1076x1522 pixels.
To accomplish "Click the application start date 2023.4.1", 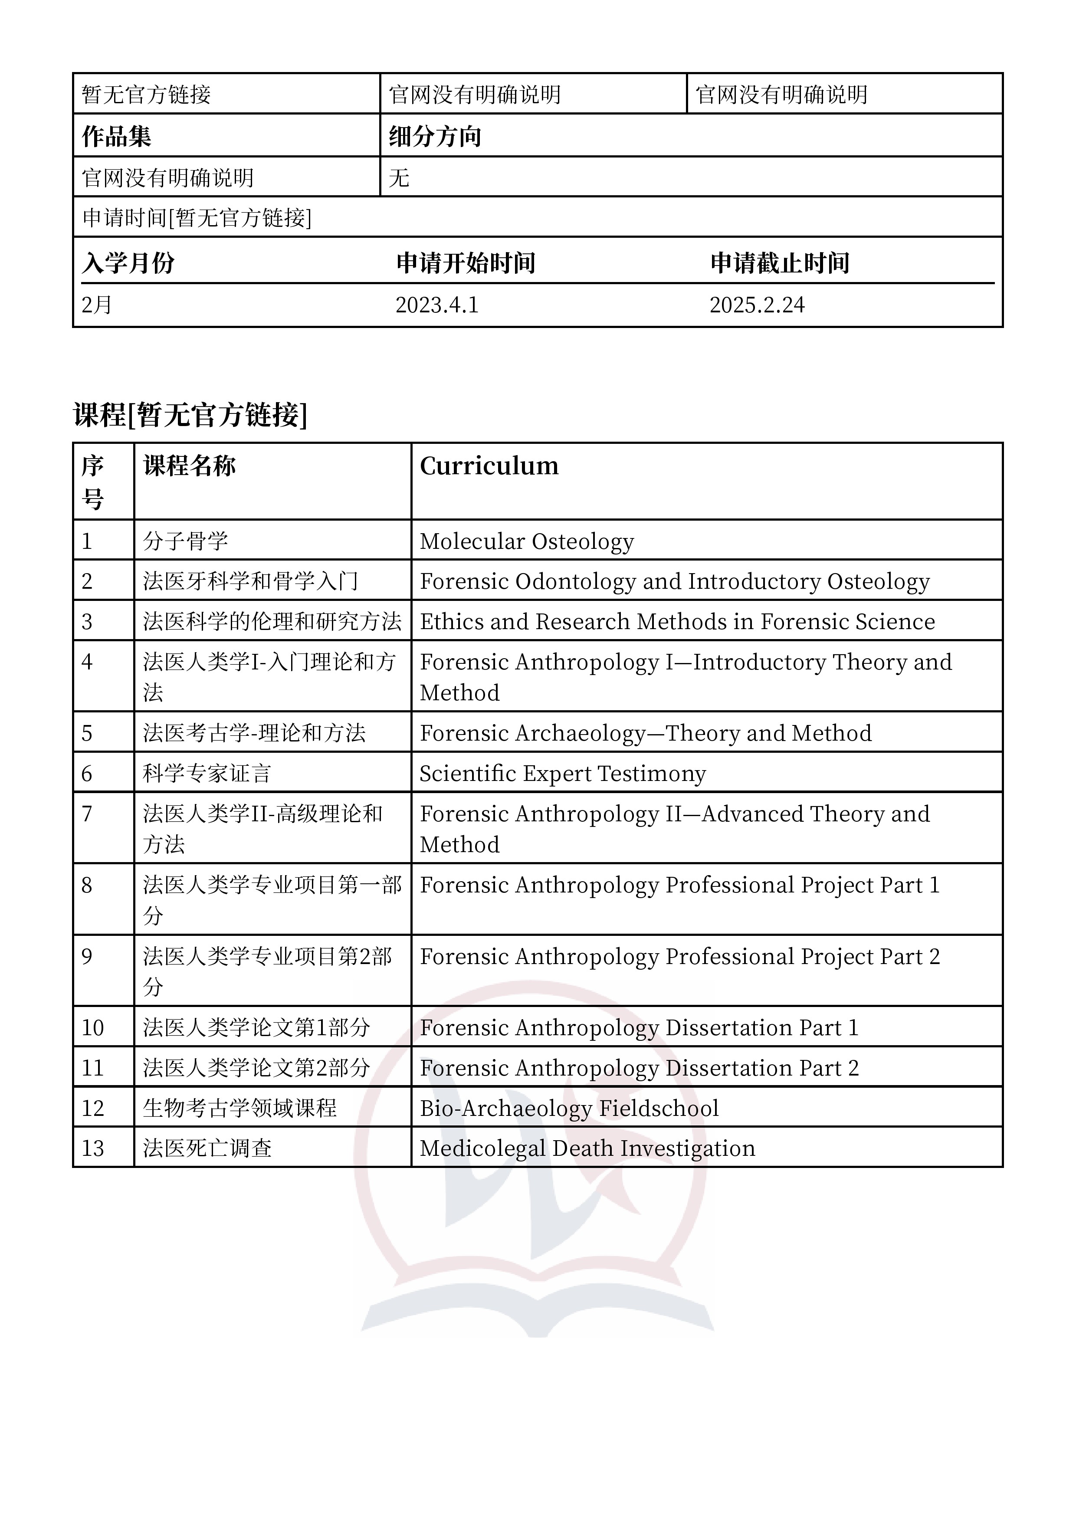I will point(437,305).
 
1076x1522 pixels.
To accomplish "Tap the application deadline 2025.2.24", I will point(757,305).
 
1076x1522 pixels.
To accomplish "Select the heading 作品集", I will point(117,137).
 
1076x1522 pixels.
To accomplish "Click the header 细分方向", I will point(435,137).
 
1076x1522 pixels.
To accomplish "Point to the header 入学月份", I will point(128,263).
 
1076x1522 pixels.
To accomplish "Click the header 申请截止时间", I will point(780,263).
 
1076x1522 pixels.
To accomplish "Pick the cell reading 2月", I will point(97,305).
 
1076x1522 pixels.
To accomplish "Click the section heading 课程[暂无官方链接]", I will point(190,415).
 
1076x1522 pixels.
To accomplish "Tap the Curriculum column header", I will point(489,466).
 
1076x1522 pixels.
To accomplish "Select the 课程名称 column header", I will point(190,466).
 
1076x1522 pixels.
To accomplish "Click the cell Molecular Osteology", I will point(527,541).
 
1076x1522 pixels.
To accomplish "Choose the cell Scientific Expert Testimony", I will point(563,774).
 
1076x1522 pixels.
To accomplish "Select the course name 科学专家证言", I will point(207,774).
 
